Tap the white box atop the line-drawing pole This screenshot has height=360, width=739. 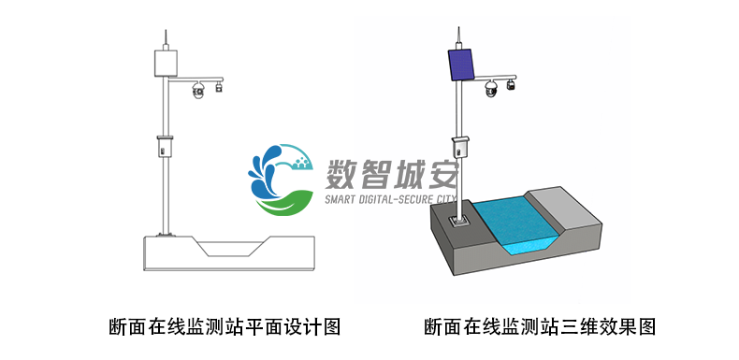point(166,64)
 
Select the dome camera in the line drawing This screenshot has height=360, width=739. point(197,90)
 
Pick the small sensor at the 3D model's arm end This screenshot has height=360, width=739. point(512,84)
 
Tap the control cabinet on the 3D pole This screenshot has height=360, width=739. point(459,148)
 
